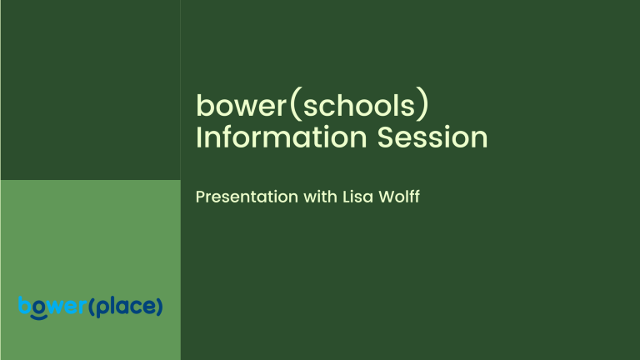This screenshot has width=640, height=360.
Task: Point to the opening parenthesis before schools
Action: tap(283, 106)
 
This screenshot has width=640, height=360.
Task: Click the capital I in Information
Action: tap(198, 137)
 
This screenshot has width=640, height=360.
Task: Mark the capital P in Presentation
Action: tap(200, 197)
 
